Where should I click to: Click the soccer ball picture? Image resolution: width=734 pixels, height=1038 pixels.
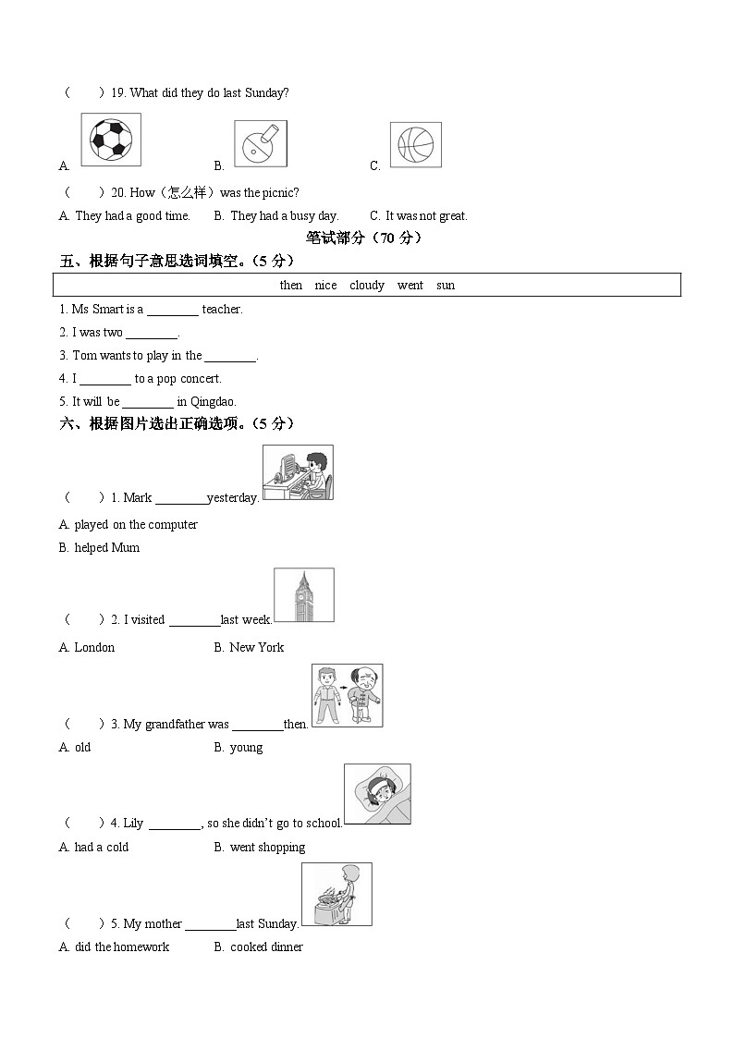[x=111, y=140]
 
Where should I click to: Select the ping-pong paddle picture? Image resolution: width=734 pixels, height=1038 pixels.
[x=260, y=143]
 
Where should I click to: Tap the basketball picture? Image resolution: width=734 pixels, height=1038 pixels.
[x=415, y=144]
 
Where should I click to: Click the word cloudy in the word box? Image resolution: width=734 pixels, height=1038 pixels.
[x=367, y=286]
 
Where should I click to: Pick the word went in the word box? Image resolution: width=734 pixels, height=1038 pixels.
[x=410, y=286]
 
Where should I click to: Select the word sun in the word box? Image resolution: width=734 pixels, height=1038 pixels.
[x=446, y=286]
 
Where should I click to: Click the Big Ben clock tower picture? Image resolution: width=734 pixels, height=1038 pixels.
[x=304, y=595]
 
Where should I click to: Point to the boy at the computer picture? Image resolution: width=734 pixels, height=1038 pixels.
[x=298, y=472]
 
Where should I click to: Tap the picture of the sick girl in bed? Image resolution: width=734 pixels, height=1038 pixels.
[x=377, y=794]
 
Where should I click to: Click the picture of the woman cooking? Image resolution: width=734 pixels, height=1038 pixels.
[x=336, y=894]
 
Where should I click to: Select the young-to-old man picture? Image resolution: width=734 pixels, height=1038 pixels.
[x=347, y=695]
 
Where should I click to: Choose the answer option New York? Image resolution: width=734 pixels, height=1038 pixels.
[x=256, y=647]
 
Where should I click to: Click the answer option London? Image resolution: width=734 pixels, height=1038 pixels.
[x=94, y=647]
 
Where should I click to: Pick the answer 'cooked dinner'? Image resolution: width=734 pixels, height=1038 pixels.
[x=266, y=946]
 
